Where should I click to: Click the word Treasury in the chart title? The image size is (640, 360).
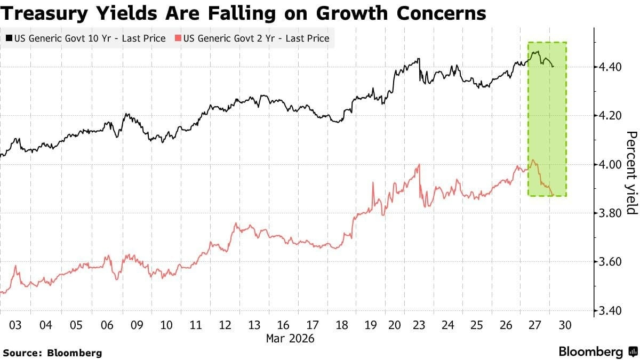point(51,13)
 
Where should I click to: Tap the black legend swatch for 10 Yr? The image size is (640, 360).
point(9,38)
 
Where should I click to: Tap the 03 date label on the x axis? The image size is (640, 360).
point(15,325)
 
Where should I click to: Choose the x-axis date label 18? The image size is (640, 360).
point(341,325)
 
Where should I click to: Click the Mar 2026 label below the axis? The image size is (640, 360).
point(290,338)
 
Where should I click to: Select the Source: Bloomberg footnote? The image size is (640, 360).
point(52,353)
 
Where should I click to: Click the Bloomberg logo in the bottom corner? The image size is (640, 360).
point(598,351)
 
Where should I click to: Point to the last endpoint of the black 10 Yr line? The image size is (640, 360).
point(554,67)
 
